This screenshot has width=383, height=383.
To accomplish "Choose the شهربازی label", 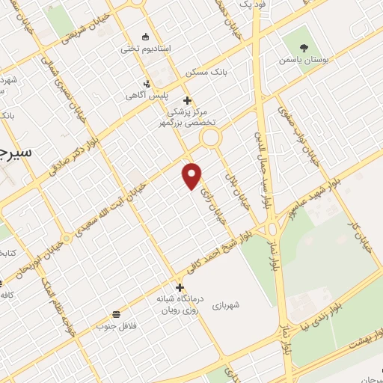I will [224, 305].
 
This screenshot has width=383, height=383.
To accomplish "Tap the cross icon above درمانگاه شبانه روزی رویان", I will [179, 287].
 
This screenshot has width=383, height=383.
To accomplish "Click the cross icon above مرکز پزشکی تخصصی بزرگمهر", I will [187, 100].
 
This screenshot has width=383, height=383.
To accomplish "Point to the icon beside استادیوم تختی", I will [145, 37].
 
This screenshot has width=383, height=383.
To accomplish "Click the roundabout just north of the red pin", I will [209, 138].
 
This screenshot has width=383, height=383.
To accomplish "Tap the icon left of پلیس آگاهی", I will [147, 85].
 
